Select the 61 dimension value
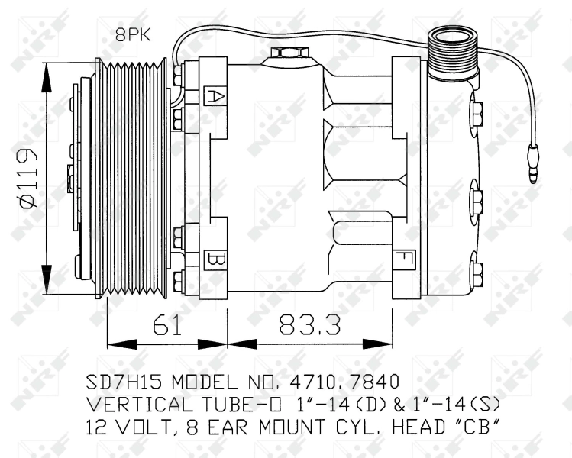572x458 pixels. tap(166, 326)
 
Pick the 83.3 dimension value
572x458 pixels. tap(309, 326)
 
